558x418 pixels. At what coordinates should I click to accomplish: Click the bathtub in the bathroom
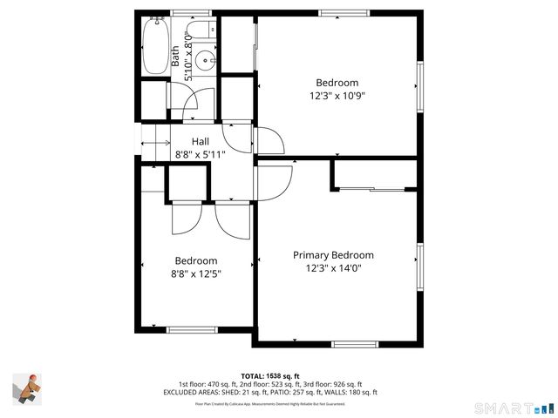[x=156, y=47]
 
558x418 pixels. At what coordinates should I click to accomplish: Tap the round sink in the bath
[x=204, y=61]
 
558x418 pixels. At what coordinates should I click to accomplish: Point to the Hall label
[x=201, y=142]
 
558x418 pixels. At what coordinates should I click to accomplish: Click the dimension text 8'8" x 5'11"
[x=201, y=154]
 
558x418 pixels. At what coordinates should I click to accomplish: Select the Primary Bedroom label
[x=333, y=255]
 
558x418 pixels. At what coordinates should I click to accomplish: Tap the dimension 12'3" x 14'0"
[x=333, y=268]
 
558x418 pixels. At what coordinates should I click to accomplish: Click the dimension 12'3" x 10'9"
[x=337, y=96]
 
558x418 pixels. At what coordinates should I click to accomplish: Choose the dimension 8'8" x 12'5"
[x=196, y=273]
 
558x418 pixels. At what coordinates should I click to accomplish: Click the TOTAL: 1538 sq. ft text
[x=270, y=375]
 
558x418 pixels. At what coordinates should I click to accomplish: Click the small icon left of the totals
[x=27, y=388]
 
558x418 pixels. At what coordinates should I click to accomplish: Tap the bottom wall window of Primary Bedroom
[x=355, y=344]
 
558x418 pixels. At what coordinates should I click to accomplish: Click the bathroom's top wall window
[x=190, y=13]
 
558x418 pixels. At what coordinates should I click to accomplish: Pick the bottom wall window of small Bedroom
[x=191, y=329]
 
